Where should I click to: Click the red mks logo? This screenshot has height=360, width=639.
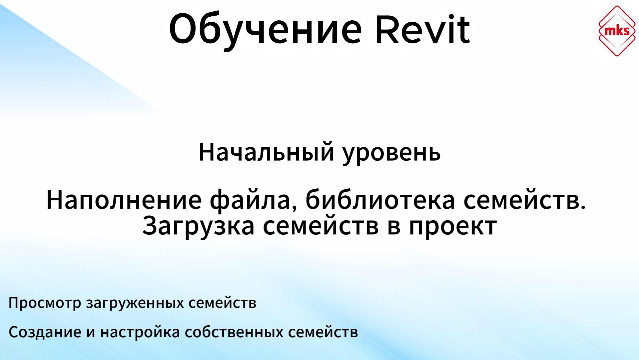pos(617,31)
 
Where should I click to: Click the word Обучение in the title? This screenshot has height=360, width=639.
pos(265,30)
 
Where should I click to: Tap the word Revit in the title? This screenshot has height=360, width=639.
pos(422,30)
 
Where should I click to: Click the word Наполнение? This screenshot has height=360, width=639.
pos(124,200)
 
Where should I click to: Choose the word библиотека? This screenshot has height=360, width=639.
pos(380,200)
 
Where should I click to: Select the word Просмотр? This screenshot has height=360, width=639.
pos(45,303)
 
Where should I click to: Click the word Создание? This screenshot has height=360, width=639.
pos(45,332)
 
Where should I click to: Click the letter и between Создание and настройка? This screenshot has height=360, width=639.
pos(91,333)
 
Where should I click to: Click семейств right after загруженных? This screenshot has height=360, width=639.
pos(222,303)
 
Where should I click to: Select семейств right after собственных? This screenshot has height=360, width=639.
pos(323,332)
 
